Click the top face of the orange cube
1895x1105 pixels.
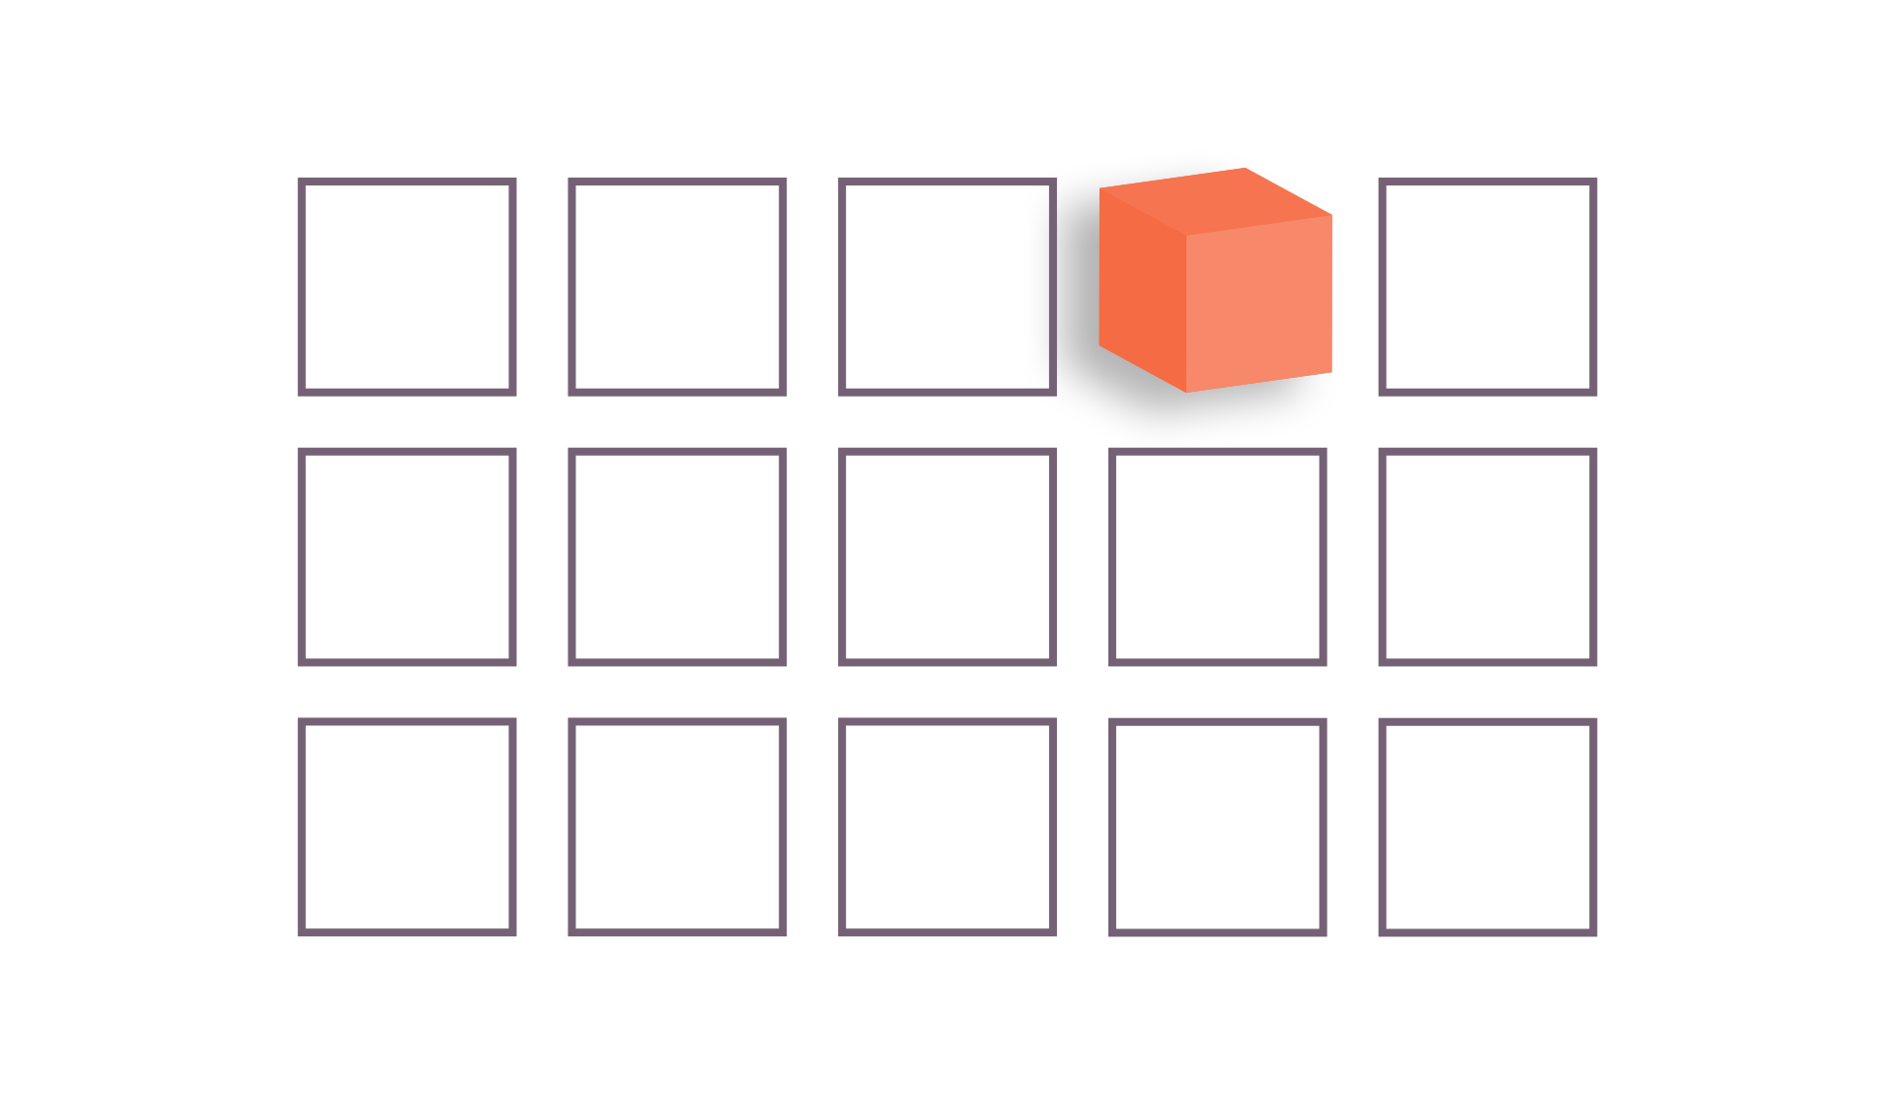[x=1216, y=201]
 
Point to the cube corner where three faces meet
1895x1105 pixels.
[x=1186, y=235]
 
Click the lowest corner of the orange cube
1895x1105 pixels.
[x=1186, y=392]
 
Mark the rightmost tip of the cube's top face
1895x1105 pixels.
[x=1331, y=215]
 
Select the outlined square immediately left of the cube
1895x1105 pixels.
[x=947, y=287]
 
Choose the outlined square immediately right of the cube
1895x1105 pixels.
[x=1487, y=287]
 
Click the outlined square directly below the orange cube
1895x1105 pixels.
[x=1217, y=556]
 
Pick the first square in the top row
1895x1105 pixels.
[x=407, y=287]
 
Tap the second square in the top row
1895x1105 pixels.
[x=677, y=287]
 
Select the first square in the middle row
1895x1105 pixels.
[x=407, y=556]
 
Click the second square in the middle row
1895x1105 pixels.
[x=677, y=556]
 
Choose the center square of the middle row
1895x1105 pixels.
[x=947, y=556]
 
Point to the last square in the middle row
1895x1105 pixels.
[x=1487, y=556]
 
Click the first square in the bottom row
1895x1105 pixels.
[x=407, y=827]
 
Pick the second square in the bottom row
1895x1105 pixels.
[x=677, y=827]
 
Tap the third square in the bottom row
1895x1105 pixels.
[x=947, y=827]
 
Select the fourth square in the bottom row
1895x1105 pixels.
[x=1217, y=827]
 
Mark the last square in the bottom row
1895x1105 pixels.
[x=1487, y=827]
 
